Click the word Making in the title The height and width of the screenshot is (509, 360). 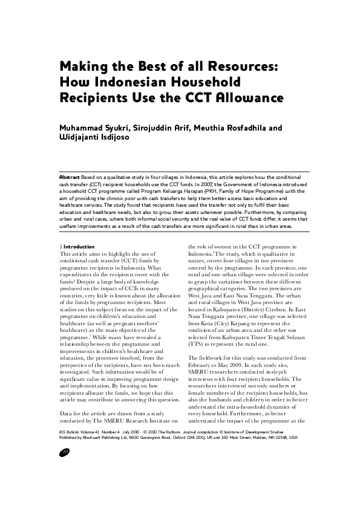[x=82, y=66]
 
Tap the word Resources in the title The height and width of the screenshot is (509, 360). [x=241, y=66]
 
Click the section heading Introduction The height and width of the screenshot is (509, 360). [x=79, y=247]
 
